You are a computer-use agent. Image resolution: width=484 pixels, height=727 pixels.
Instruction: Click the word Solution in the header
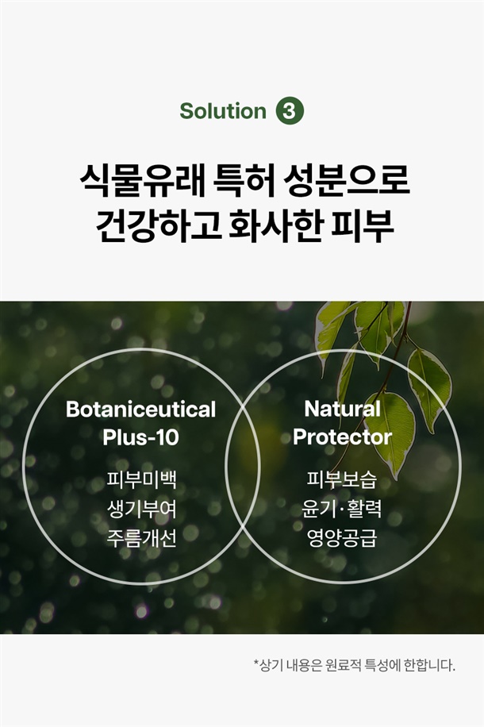pos(223,111)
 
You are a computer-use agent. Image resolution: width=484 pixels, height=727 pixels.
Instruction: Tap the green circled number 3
pos(290,111)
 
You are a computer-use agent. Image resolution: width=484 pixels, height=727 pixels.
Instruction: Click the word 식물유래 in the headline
pos(142,180)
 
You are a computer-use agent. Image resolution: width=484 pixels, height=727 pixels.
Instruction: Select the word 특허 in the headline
pos(243,180)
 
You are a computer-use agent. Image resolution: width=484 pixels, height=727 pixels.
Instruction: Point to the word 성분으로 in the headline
pos(346,180)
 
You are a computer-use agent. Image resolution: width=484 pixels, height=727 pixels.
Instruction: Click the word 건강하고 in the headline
pos(158,226)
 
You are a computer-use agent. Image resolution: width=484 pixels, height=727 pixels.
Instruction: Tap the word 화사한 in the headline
pos(276,226)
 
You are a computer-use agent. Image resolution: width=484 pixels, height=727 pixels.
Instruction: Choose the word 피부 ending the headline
pos(363,226)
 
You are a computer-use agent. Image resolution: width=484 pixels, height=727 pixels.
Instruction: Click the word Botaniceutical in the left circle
pos(141,410)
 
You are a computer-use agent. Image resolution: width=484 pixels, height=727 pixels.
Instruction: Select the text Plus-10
pos(141,437)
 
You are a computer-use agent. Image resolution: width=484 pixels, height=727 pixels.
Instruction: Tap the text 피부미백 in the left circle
pos(141,480)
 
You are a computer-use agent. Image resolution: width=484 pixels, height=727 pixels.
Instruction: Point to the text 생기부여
pos(141,509)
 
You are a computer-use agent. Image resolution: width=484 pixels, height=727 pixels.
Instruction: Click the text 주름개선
pos(141,538)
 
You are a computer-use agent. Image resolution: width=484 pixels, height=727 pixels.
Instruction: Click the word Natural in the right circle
pos(343,409)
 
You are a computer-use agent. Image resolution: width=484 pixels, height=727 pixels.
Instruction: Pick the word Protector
pos(343,437)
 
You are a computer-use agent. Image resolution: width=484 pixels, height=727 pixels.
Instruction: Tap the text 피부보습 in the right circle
pos(342,480)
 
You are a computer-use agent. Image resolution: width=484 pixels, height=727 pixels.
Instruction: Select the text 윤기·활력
pos(342,509)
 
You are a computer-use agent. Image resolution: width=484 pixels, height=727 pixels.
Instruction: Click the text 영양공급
pos(342,538)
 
